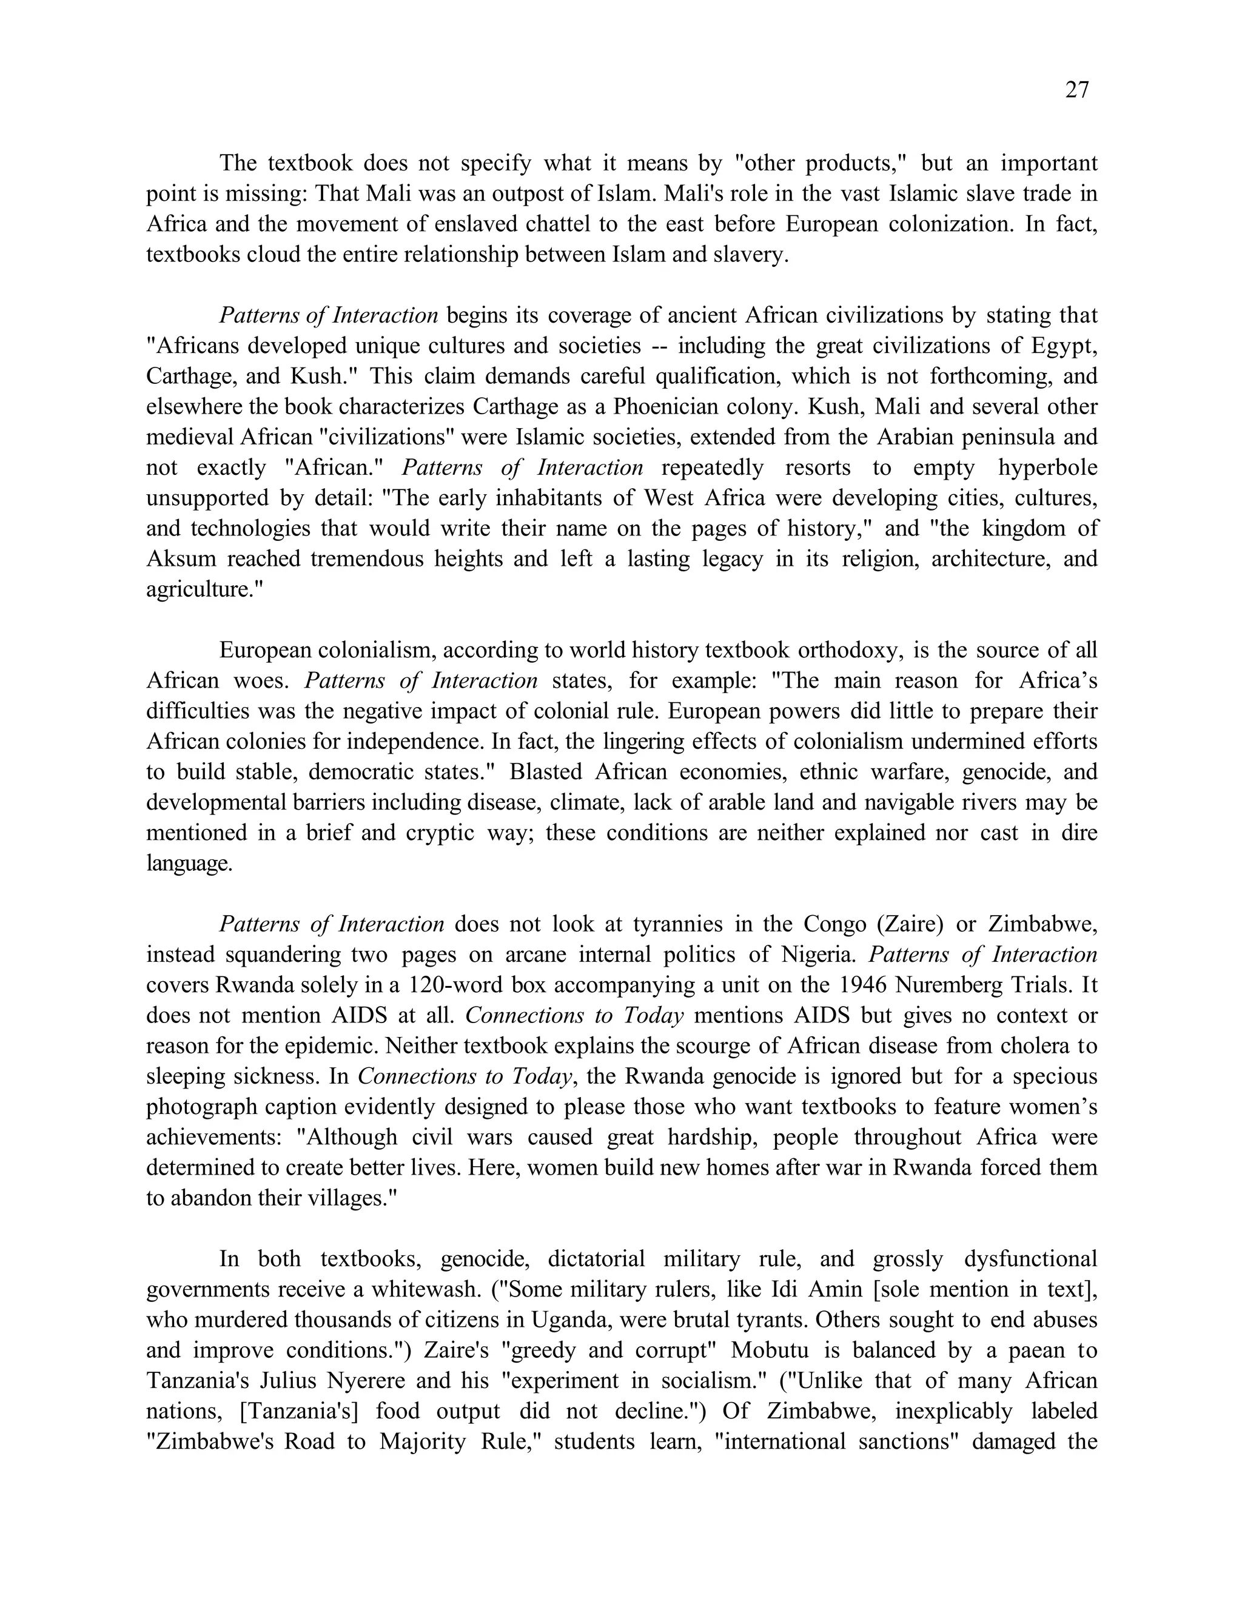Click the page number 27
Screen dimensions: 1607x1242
pyautogui.click(x=1076, y=90)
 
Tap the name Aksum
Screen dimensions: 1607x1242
pyautogui.click(x=181, y=559)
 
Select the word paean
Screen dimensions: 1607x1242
pyautogui.click(x=1027, y=1351)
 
